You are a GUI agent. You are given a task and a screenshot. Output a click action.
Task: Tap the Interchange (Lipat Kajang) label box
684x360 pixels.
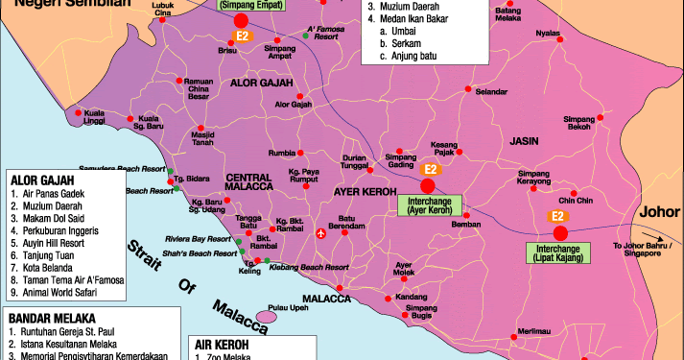pyautogui.click(x=561, y=252)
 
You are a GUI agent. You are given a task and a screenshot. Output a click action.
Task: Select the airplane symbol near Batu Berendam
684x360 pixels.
pyautogui.click(x=319, y=231)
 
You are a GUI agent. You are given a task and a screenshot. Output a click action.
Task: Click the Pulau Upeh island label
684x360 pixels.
pyautogui.click(x=285, y=308)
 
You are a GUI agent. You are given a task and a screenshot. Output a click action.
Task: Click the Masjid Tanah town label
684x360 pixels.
pyautogui.click(x=201, y=139)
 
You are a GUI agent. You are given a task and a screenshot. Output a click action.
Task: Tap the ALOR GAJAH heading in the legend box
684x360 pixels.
pyautogui.click(x=42, y=179)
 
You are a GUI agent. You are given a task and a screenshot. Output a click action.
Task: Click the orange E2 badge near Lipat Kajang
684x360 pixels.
pyautogui.click(x=556, y=217)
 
